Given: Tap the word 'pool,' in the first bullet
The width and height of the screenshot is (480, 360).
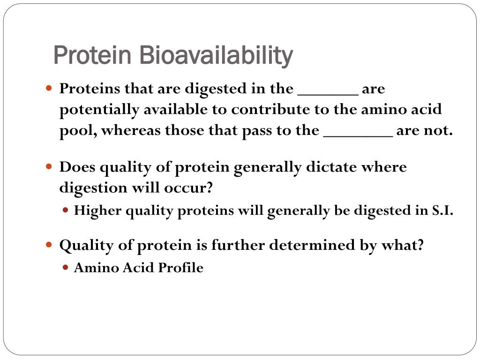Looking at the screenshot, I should [x=78, y=131].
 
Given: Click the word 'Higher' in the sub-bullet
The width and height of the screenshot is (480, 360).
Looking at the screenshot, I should [x=93, y=211].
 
